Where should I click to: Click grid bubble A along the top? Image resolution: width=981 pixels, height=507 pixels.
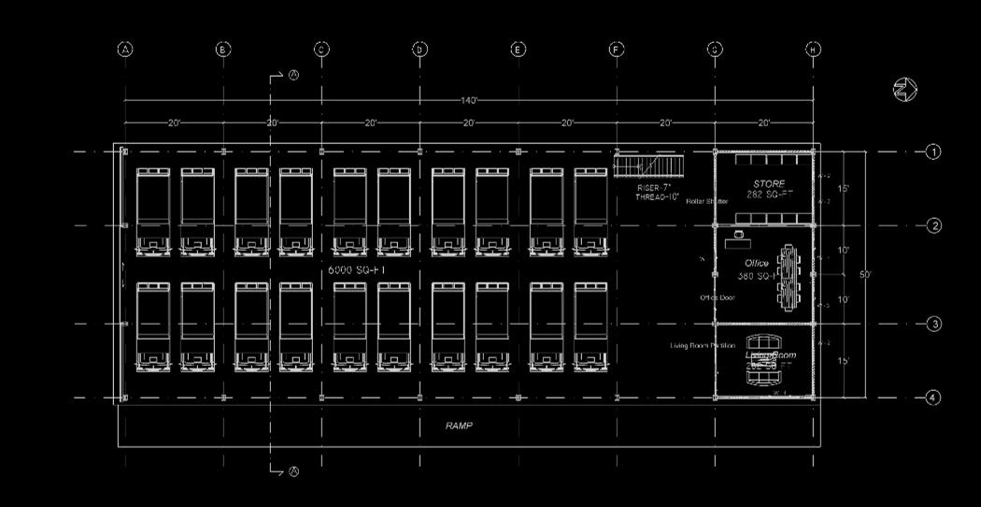pos(125,50)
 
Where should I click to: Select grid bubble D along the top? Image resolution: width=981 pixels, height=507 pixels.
pos(419,50)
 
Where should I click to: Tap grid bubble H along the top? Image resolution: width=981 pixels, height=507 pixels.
pos(814,50)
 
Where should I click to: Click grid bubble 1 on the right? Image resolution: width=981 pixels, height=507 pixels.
pos(932,152)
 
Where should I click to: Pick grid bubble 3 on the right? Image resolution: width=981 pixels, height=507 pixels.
pos(932,324)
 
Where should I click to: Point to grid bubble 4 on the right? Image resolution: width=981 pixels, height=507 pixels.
pos(932,398)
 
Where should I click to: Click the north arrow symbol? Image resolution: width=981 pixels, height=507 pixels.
pos(904,90)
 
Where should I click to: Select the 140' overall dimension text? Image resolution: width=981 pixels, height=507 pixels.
pos(469,100)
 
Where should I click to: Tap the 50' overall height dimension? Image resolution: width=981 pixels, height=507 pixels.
pos(866,274)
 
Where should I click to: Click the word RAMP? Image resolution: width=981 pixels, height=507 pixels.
pos(459,426)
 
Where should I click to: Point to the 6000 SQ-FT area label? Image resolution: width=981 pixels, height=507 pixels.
pos(357,269)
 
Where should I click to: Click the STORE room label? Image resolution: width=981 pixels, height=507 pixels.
pos(769,184)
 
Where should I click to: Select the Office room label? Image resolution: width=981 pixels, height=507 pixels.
pos(757,264)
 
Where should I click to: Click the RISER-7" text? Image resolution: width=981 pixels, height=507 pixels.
pos(655,188)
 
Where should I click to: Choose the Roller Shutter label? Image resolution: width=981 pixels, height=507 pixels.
pos(706,201)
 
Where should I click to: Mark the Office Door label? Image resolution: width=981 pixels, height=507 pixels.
pos(718,297)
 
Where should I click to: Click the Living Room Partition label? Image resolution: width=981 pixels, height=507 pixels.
pos(703,345)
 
